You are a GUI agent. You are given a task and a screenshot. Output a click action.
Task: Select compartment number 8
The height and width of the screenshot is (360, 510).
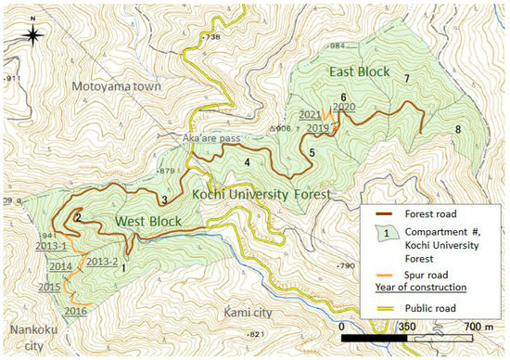[458, 130]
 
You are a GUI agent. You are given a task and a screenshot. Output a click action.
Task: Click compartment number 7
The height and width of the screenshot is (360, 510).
[406, 78]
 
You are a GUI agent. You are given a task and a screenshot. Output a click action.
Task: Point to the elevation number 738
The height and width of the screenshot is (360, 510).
[213, 37]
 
